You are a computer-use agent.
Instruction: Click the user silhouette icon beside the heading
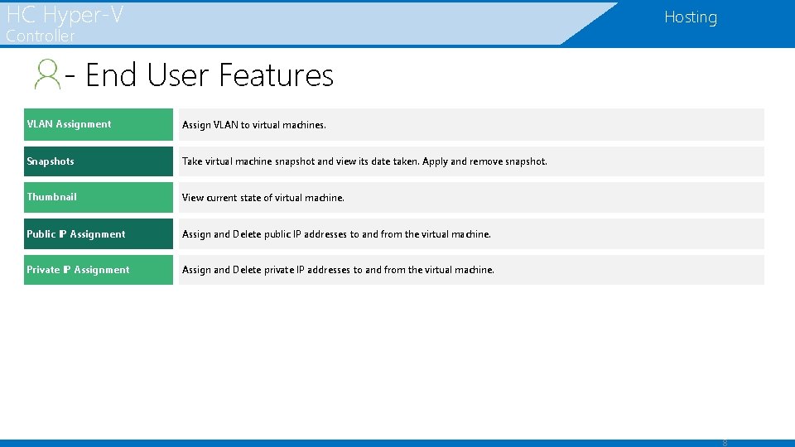coord(47,74)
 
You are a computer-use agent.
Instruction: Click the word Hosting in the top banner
coord(690,17)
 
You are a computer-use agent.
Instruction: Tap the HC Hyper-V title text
coord(65,13)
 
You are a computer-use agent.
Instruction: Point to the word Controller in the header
coord(41,36)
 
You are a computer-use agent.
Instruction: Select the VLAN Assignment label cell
coord(98,124)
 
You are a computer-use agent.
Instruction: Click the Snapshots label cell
coord(98,161)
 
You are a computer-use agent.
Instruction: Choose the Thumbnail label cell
coord(98,197)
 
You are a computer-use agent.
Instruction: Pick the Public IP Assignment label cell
coord(98,234)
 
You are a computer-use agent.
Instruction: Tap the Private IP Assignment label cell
coord(98,270)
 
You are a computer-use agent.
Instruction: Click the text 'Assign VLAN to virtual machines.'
coord(254,125)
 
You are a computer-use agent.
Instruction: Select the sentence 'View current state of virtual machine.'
coord(263,198)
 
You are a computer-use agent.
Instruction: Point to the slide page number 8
coord(725,442)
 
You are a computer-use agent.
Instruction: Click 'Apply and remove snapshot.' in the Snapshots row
coord(484,161)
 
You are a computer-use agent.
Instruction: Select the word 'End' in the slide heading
coord(112,75)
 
